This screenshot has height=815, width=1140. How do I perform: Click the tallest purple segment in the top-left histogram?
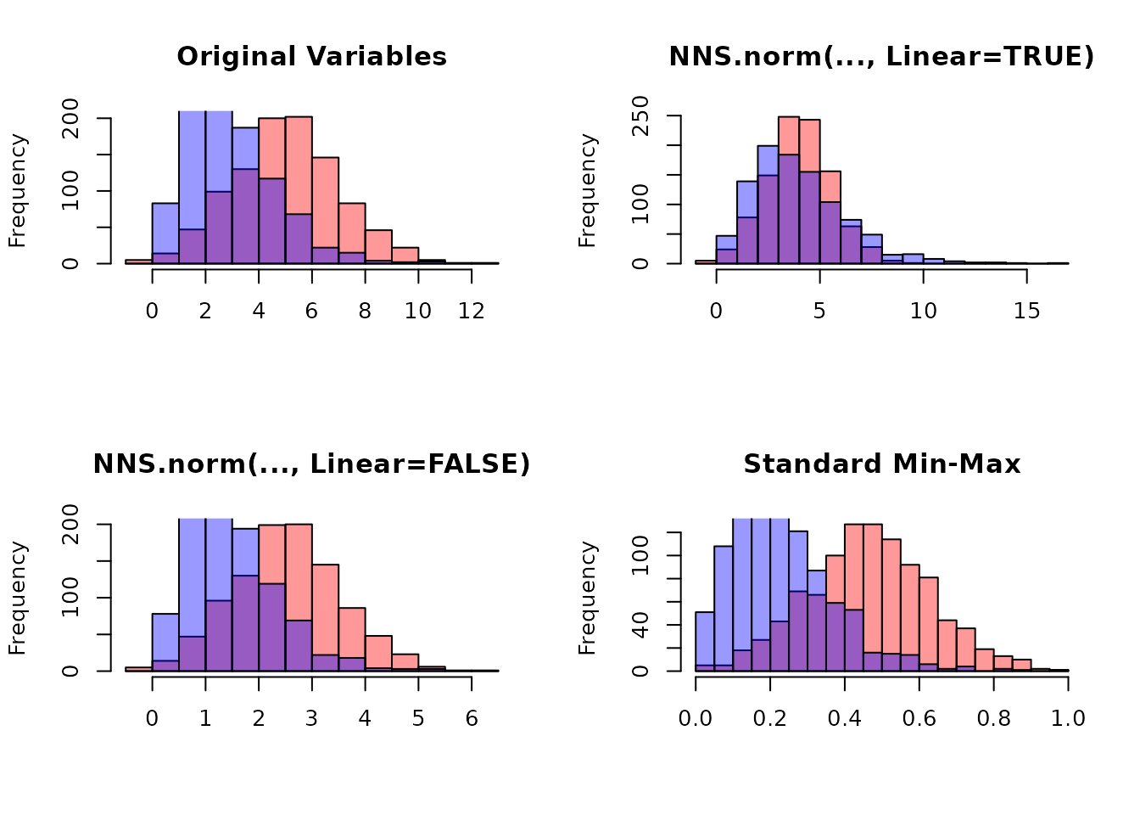[245, 216]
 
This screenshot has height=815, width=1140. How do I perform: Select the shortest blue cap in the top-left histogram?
[245, 149]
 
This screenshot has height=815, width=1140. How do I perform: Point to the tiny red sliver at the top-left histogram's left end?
[139, 261]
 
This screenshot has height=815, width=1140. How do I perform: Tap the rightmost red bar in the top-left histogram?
[405, 255]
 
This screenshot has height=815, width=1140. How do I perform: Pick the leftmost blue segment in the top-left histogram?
[165, 228]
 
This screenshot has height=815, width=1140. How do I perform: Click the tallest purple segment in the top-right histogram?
[789, 208]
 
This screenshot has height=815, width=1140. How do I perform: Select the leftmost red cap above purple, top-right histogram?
[789, 136]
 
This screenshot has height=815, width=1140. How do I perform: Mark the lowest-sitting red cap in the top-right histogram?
[830, 187]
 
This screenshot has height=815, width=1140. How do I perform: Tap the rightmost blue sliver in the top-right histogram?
[934, 261]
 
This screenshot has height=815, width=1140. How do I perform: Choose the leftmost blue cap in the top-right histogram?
[727, 243]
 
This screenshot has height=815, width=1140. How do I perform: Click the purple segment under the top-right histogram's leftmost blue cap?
[727, 256]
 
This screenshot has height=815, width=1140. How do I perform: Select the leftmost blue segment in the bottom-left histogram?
[165, 638]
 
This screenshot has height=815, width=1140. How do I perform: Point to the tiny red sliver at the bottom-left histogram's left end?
[139, 669]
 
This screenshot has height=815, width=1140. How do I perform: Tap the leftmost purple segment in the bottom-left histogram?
[165, 666]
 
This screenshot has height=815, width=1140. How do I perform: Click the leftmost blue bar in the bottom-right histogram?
[705, 638]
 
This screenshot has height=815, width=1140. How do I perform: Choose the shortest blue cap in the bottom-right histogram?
[817, 582]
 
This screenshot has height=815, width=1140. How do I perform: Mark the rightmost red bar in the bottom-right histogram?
[1021, 665]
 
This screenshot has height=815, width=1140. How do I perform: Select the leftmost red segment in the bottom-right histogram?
[835, 579]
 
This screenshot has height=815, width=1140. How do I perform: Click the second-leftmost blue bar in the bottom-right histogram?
[724, 605]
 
